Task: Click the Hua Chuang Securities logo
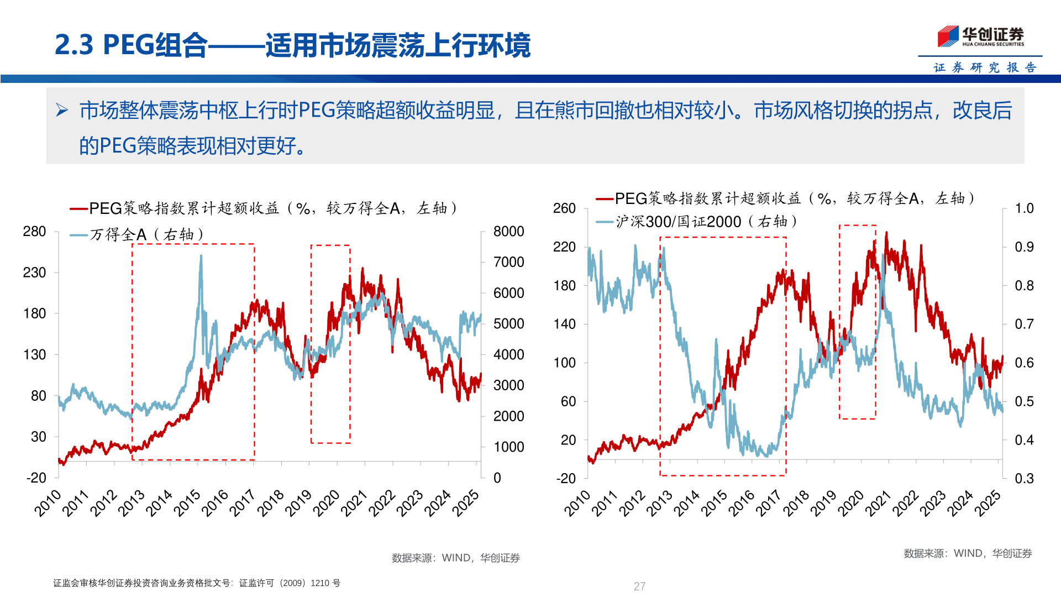(x=980, y=36)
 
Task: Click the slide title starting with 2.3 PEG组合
(x=292, y=45)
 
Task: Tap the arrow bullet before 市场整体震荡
(x=61, y=111)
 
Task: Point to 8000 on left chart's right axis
(x=508, y=232)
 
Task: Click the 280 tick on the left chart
(x=34, y=232)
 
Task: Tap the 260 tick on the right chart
(x=564, y=208)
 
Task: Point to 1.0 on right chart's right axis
(x=1024, y=208)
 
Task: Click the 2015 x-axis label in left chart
(x=187, y=503)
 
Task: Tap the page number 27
(x=639, y=586)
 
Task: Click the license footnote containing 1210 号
(x=197, y=583)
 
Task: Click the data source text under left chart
(x=455, y=558)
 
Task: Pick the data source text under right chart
(x=967, y=553)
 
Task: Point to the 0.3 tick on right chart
(x=1024, y=478)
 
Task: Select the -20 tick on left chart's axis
(x=36, y=478)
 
